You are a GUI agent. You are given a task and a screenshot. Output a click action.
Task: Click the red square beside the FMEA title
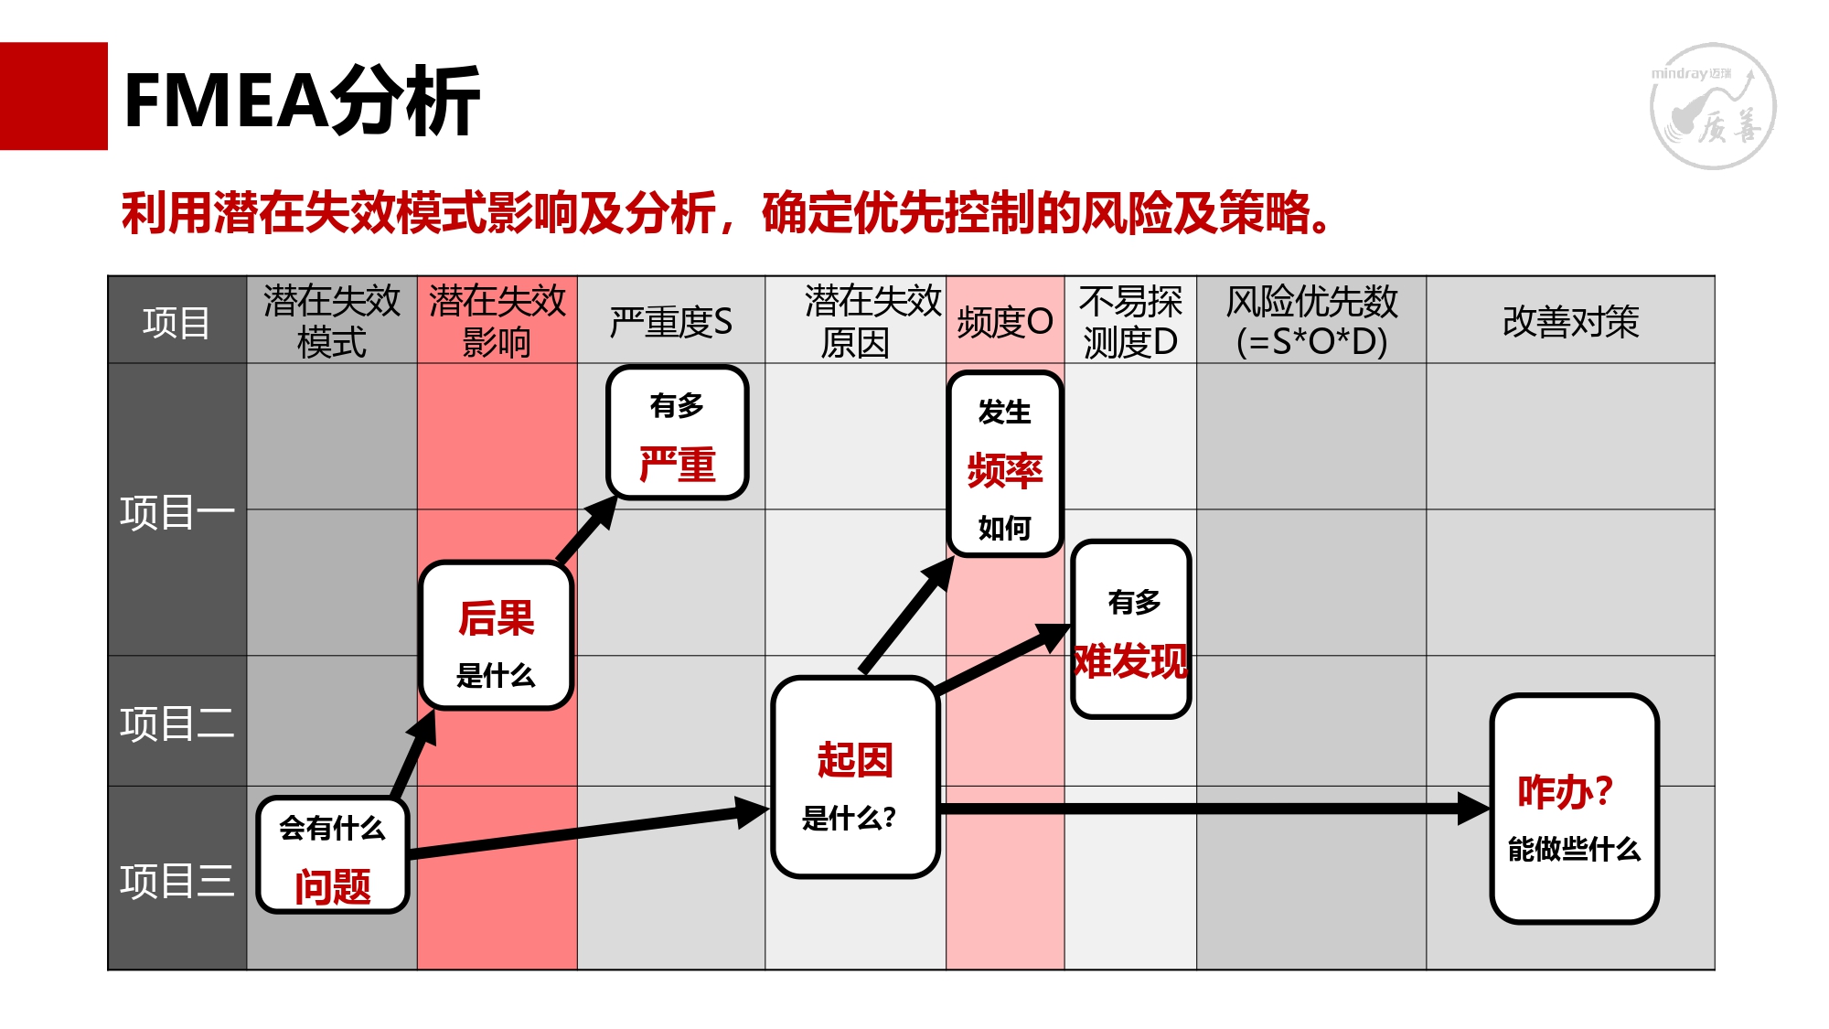pos(54,96)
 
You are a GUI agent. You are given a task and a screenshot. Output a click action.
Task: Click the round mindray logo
pos(1713,106)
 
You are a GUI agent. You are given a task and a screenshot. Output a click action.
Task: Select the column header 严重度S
pos(671,322)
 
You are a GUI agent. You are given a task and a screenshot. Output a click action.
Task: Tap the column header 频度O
pos(1005,322)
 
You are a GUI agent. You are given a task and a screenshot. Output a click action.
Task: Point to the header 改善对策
pos(1570,322)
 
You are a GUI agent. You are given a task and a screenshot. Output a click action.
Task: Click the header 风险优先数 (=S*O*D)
pos(1311,321)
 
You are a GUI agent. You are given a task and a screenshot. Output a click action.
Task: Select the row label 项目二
pos(177,723)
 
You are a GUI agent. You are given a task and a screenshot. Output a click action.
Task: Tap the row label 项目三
pos(177,881)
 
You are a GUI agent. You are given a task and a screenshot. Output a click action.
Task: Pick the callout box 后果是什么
pos(497,636)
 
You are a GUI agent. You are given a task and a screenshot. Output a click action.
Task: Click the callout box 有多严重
pos(678,433)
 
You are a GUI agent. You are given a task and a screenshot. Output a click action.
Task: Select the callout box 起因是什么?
pos(855,777)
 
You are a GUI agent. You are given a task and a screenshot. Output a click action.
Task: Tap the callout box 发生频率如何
pos(1005,465)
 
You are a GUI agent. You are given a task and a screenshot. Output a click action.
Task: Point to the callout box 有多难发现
pos(1131,629)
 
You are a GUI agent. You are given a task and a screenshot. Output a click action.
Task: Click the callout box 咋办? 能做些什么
pos(1575,809)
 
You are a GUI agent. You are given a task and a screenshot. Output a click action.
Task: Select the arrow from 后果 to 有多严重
pos(586,530)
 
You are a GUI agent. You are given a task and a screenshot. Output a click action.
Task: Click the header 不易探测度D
pos(1130,321)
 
